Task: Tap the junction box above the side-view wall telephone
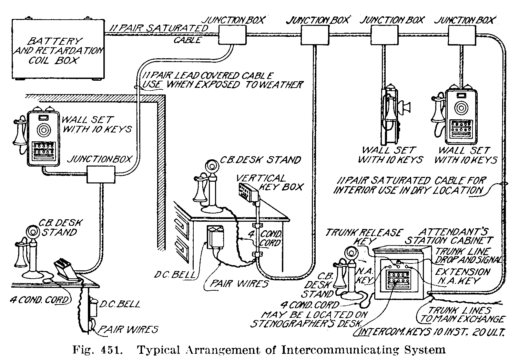(x=384, y=36)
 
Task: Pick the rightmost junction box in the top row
(x=462, y=36)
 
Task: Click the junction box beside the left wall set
(x=100, y=174)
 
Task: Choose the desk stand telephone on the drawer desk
(x=206, y=188)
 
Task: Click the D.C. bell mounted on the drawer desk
(x=214, y=238)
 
